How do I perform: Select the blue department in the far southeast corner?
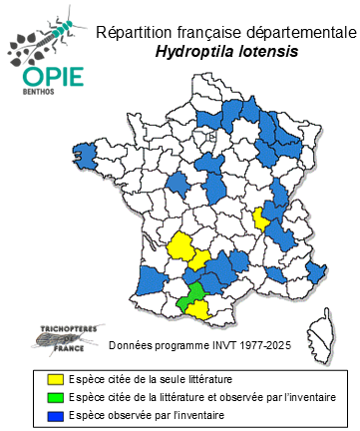pos(318,272)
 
